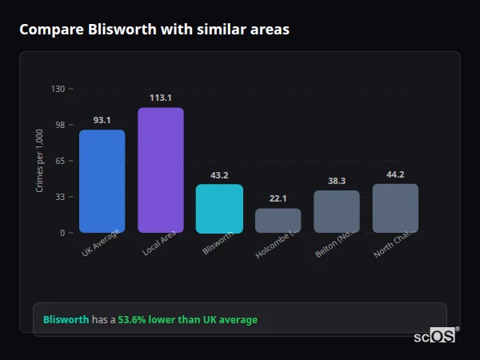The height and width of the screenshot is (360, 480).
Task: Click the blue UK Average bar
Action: coord(102,181)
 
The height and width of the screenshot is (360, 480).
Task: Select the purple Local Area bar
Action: coord(161,170)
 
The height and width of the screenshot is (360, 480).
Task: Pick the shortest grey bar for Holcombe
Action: coord(278,220)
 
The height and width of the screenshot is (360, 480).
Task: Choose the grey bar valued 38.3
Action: coord(337,211)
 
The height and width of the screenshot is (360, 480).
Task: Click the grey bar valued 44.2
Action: coord(395,208)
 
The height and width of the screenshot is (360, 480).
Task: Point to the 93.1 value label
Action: coord(102,120)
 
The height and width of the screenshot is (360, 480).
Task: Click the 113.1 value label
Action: coord(161,98)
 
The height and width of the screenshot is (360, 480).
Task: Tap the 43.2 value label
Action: coord(219,175)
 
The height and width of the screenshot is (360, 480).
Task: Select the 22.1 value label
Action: coord(278,198)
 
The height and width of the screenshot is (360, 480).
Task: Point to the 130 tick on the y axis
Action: coord(58,89)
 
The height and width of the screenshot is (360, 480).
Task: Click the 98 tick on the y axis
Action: coord(59,125)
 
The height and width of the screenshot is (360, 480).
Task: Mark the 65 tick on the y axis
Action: coord(59,161)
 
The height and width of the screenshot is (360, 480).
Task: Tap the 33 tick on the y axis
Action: coord(59,197)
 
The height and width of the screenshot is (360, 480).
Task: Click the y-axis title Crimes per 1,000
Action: coord(40,160)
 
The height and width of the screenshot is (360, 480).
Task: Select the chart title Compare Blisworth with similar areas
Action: coord(154,30)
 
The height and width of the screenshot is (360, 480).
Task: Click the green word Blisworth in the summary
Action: coord(66,319)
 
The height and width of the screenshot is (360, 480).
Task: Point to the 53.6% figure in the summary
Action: coord(133,319)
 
